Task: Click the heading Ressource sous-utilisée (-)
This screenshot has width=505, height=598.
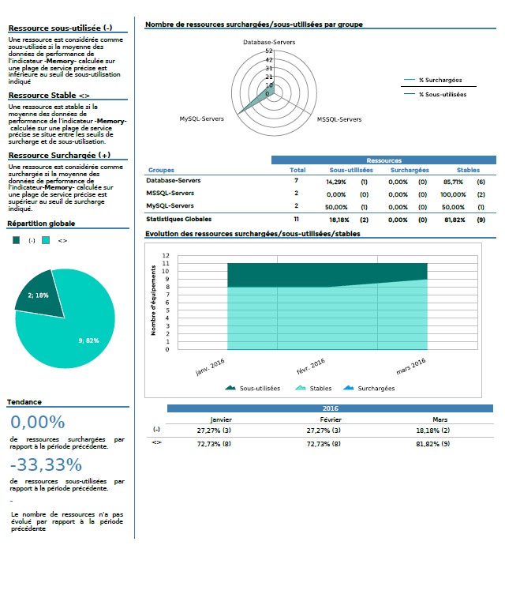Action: (x=60, y=28)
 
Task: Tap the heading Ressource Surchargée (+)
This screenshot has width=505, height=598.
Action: (x=59, y=156)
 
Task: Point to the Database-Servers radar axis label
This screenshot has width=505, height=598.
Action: (x=269, y=41)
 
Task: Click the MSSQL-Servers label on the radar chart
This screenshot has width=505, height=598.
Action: (x=339, y=119)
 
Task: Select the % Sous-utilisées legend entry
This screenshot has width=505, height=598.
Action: (x=442, y=94)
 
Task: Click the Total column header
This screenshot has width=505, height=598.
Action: (x=297, y=170)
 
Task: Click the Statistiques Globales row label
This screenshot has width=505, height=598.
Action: (x=179, y=219)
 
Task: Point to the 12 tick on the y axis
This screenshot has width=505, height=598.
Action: (x=166, y=256)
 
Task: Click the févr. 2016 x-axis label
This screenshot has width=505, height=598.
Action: (x=311, y=368)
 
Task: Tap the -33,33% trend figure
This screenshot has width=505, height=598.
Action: (x=46, y=464)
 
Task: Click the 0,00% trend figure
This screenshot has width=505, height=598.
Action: (x=37, y=423)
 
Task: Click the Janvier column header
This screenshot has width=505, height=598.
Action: (x=221, y=419)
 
